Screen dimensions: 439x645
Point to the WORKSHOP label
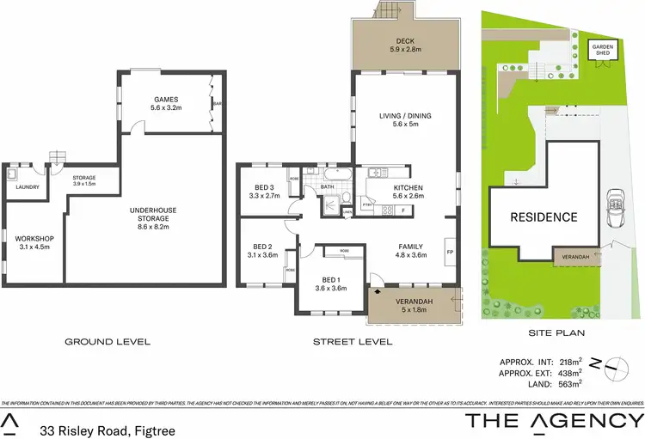pyautogui.click(x=35, y=238)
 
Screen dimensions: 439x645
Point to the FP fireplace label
pyautogui.click(x=450, y=252)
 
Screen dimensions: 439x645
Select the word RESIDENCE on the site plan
pyautogui.click(x=544, y=216)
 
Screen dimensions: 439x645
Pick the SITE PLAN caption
pyautogui.click(x=552, y=330)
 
